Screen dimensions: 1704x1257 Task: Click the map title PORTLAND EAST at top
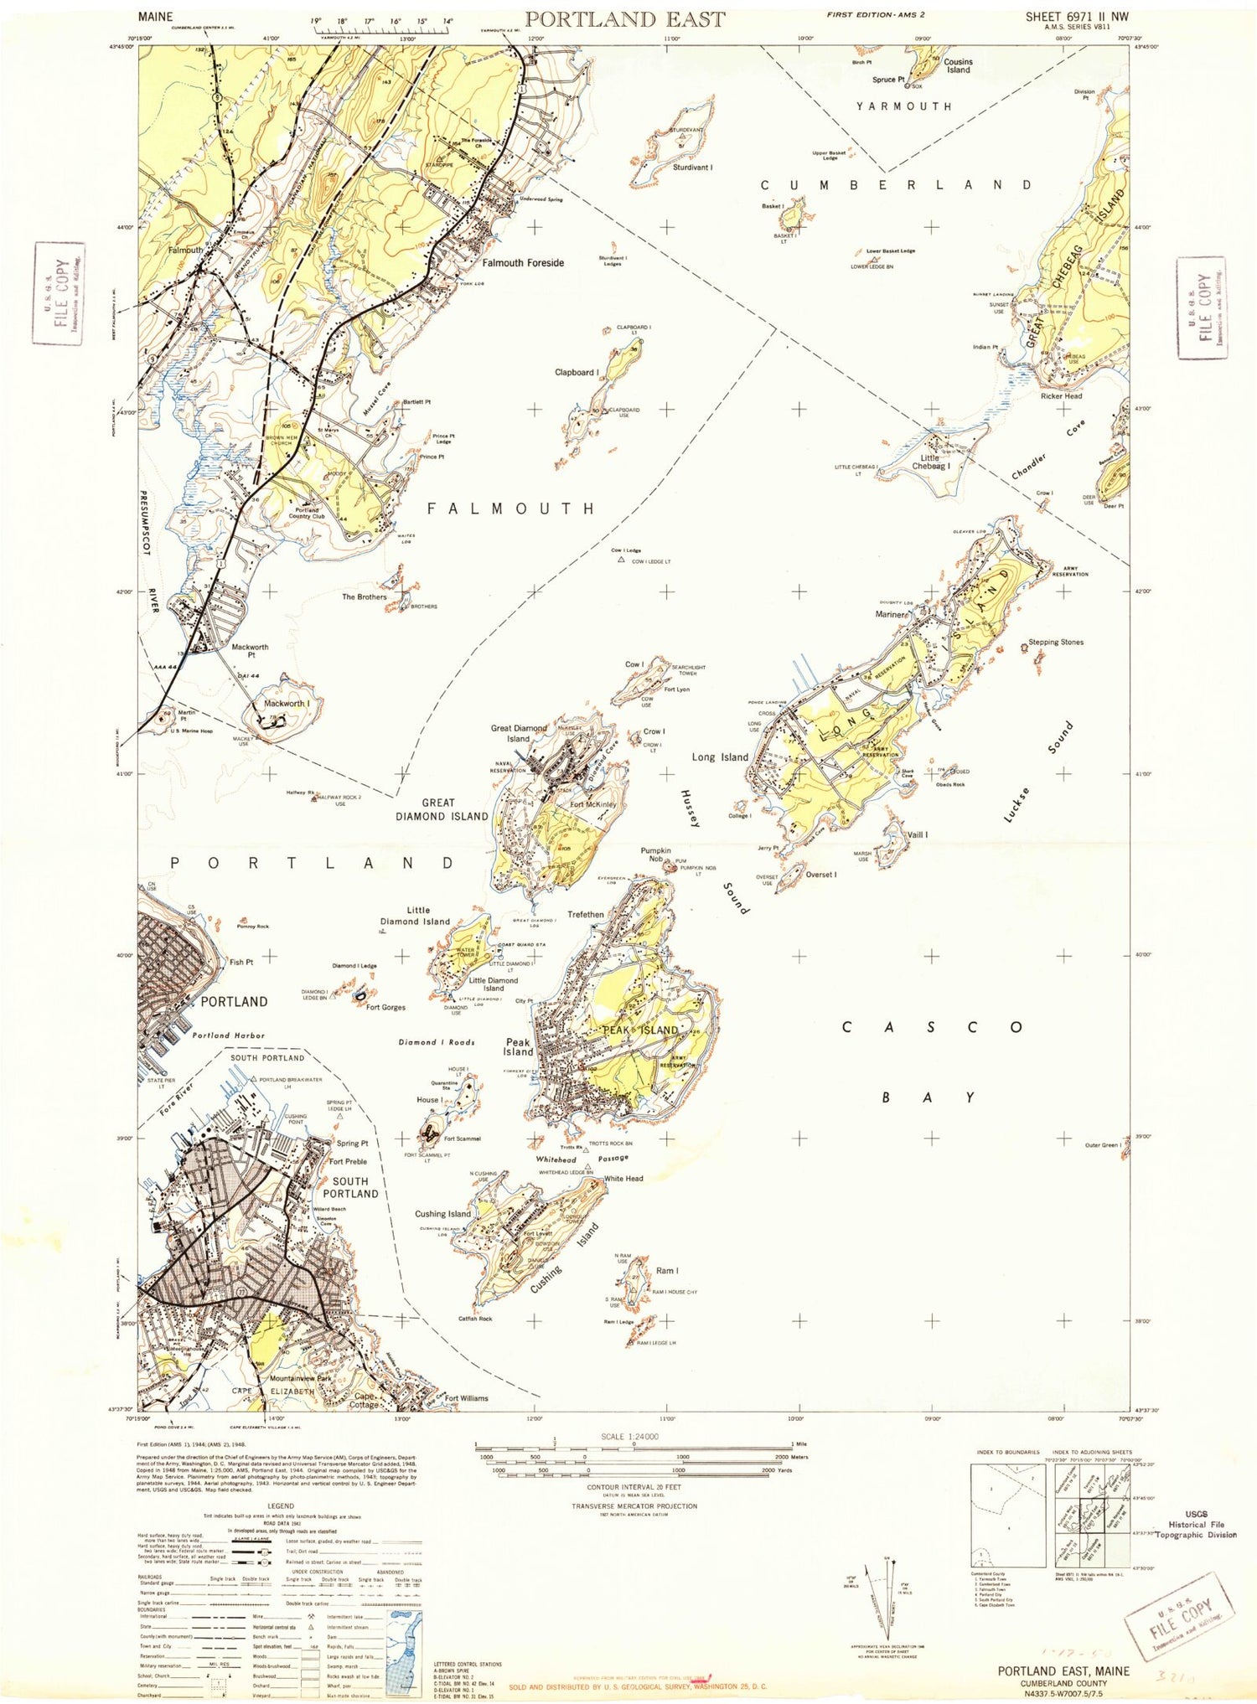[x=624, y=18]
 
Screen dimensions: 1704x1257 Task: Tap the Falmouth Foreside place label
[x=523, y=263]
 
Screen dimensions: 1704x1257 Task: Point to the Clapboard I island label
[x=576, y=372]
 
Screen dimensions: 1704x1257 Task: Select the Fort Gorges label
[x=385, y=1008]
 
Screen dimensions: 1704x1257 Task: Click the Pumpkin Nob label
[x=656, y=855]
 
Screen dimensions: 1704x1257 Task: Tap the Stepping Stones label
[x=1056, y=643]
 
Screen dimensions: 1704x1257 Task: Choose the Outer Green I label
[x=1102, y=1145]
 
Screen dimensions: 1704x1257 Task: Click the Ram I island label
[x=667, y=1271]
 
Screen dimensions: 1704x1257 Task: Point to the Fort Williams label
[x=466, y=1398]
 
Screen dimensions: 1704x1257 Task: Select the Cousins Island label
[x=958, y=65]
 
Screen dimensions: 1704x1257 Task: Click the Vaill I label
[x=918, y=835]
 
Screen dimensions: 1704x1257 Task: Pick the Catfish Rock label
[x=475, y=1319]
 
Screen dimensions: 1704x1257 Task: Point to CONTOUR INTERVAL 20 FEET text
[x=634, y=1487]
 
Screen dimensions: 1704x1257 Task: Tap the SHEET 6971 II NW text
[x=1078, y=16]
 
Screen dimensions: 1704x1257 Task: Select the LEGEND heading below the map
[x=281, y=1506]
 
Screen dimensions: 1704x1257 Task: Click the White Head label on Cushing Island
[x=623, y=1179]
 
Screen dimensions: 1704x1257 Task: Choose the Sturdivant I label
[x=693, y=168]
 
